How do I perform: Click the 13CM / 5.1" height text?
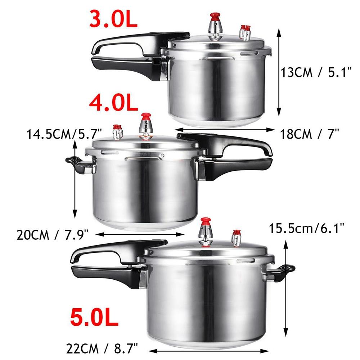point(316,73)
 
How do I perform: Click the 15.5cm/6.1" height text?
point(307,227)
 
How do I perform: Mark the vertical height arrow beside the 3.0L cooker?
point(279,72)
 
